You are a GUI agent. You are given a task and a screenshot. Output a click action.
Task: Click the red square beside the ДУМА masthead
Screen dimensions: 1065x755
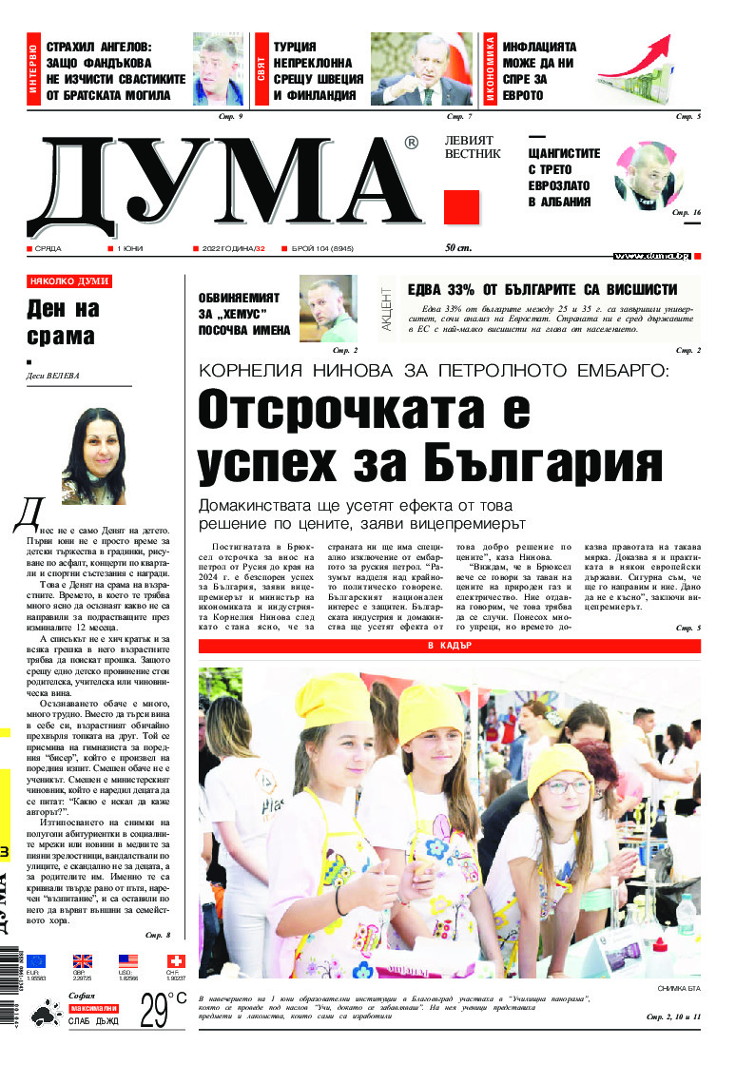[462, 206]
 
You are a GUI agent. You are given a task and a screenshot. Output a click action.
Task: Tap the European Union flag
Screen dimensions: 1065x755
[35, 960]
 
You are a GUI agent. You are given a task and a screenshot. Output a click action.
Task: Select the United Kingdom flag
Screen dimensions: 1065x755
[83, 960]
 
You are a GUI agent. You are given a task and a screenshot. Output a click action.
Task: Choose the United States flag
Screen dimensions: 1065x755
[128, 960]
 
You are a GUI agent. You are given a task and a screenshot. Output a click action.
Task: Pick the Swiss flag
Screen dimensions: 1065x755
[175, 960]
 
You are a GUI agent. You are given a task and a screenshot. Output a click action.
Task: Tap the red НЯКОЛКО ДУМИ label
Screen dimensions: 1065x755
[69, 281]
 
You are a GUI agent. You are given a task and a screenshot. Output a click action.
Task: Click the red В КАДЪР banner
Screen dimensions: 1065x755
[450, 647]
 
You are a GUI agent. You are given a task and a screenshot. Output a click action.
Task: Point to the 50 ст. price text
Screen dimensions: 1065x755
[458, 248]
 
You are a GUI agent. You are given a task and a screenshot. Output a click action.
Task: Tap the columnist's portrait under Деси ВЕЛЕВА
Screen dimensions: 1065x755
[93, 455]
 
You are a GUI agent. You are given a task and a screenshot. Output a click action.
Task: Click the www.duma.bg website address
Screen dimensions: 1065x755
[651, 256]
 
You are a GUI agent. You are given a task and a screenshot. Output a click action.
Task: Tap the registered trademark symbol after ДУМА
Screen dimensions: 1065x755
[411, 143]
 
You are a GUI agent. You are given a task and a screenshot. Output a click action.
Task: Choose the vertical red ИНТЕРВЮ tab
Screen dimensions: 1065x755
[33, 68]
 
